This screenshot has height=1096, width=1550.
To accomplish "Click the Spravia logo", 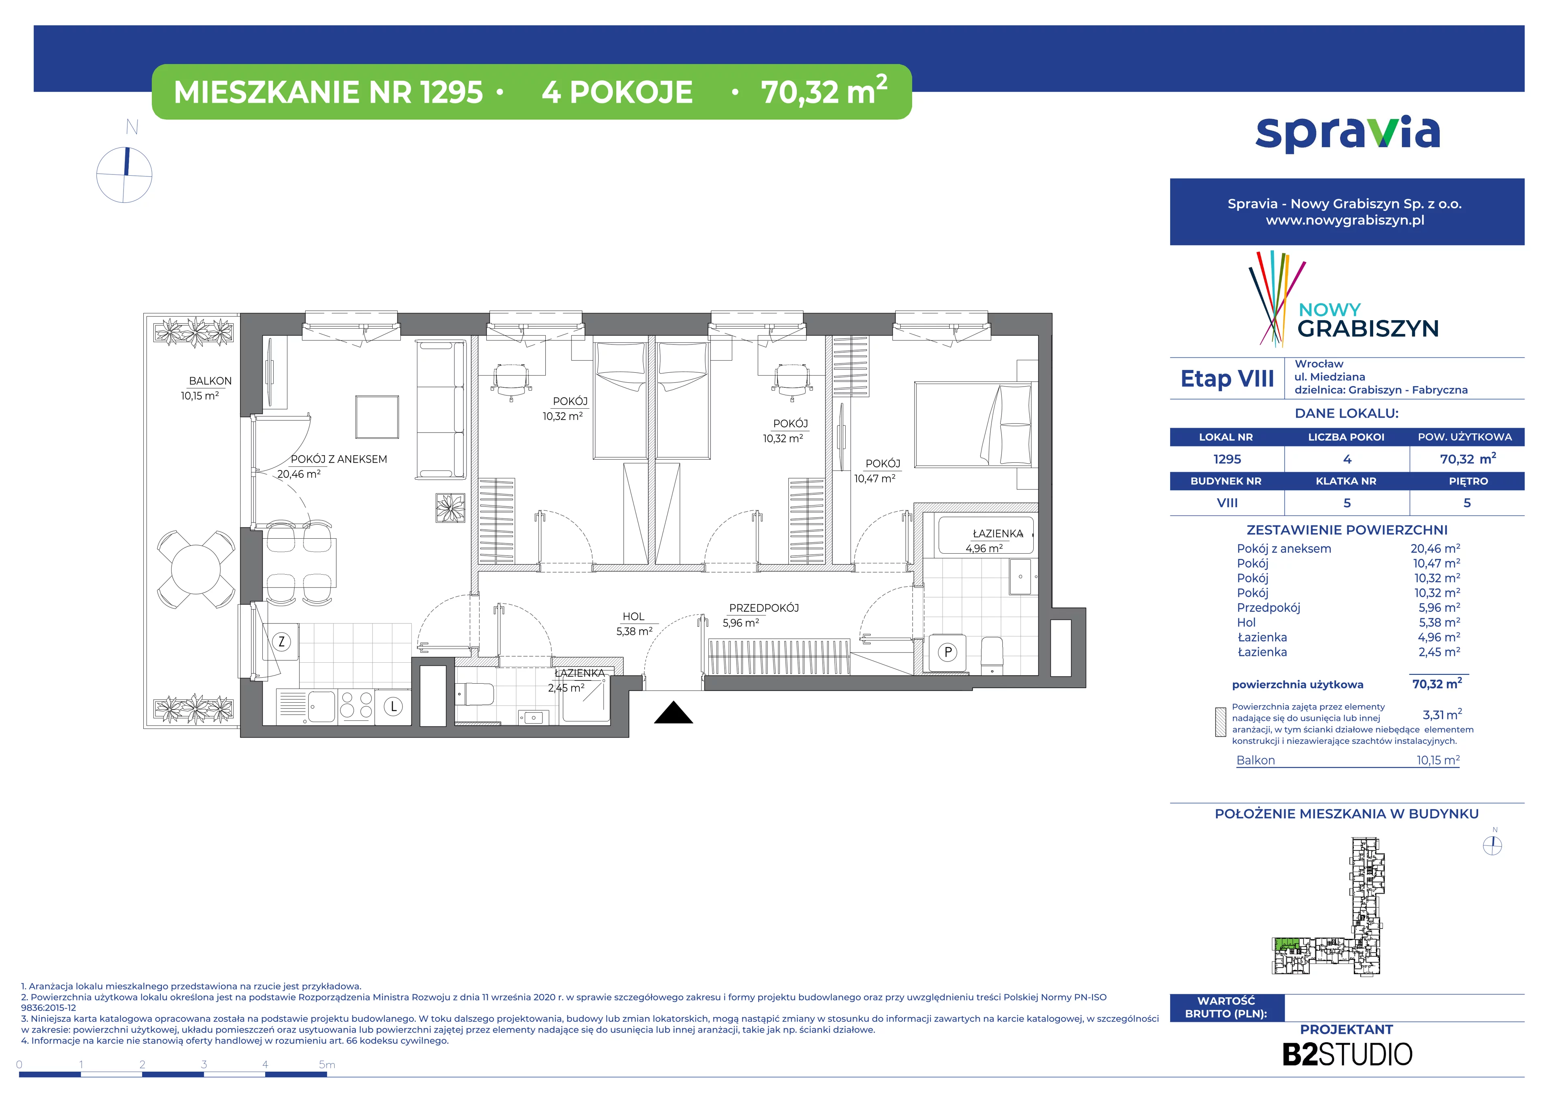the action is (x=1347, y=133).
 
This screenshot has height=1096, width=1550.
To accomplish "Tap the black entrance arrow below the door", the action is (x=673, y=713).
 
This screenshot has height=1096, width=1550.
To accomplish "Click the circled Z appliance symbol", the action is (x=281, y=642).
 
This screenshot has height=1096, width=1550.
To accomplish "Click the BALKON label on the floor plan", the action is (x=210, y=381).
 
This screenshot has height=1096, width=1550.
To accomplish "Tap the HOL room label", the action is (x=633, y=617).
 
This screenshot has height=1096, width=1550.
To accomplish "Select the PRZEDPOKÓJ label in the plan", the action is (x=764, y=608).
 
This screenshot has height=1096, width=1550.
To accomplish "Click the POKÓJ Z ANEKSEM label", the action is (x=339, y=459).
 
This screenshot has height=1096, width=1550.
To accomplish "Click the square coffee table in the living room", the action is (x=377, y=417).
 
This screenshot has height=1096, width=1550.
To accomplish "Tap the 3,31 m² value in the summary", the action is (x=1442, y=714).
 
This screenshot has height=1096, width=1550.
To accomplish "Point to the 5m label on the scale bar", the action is (x=327, y=1065).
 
